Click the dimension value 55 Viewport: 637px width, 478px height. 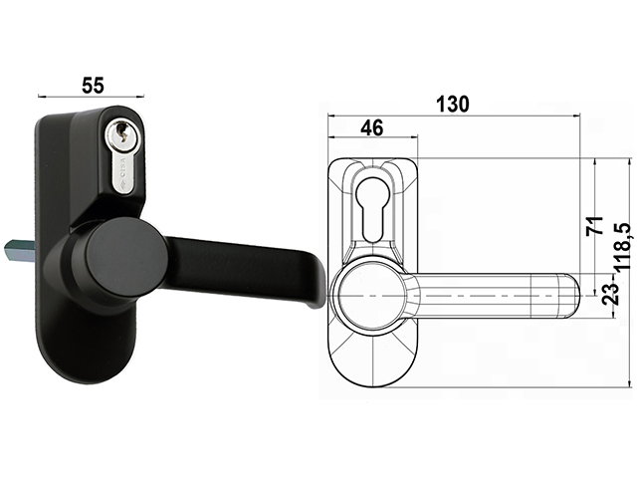(x=94, y=85)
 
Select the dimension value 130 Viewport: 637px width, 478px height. (x=453, y=104)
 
